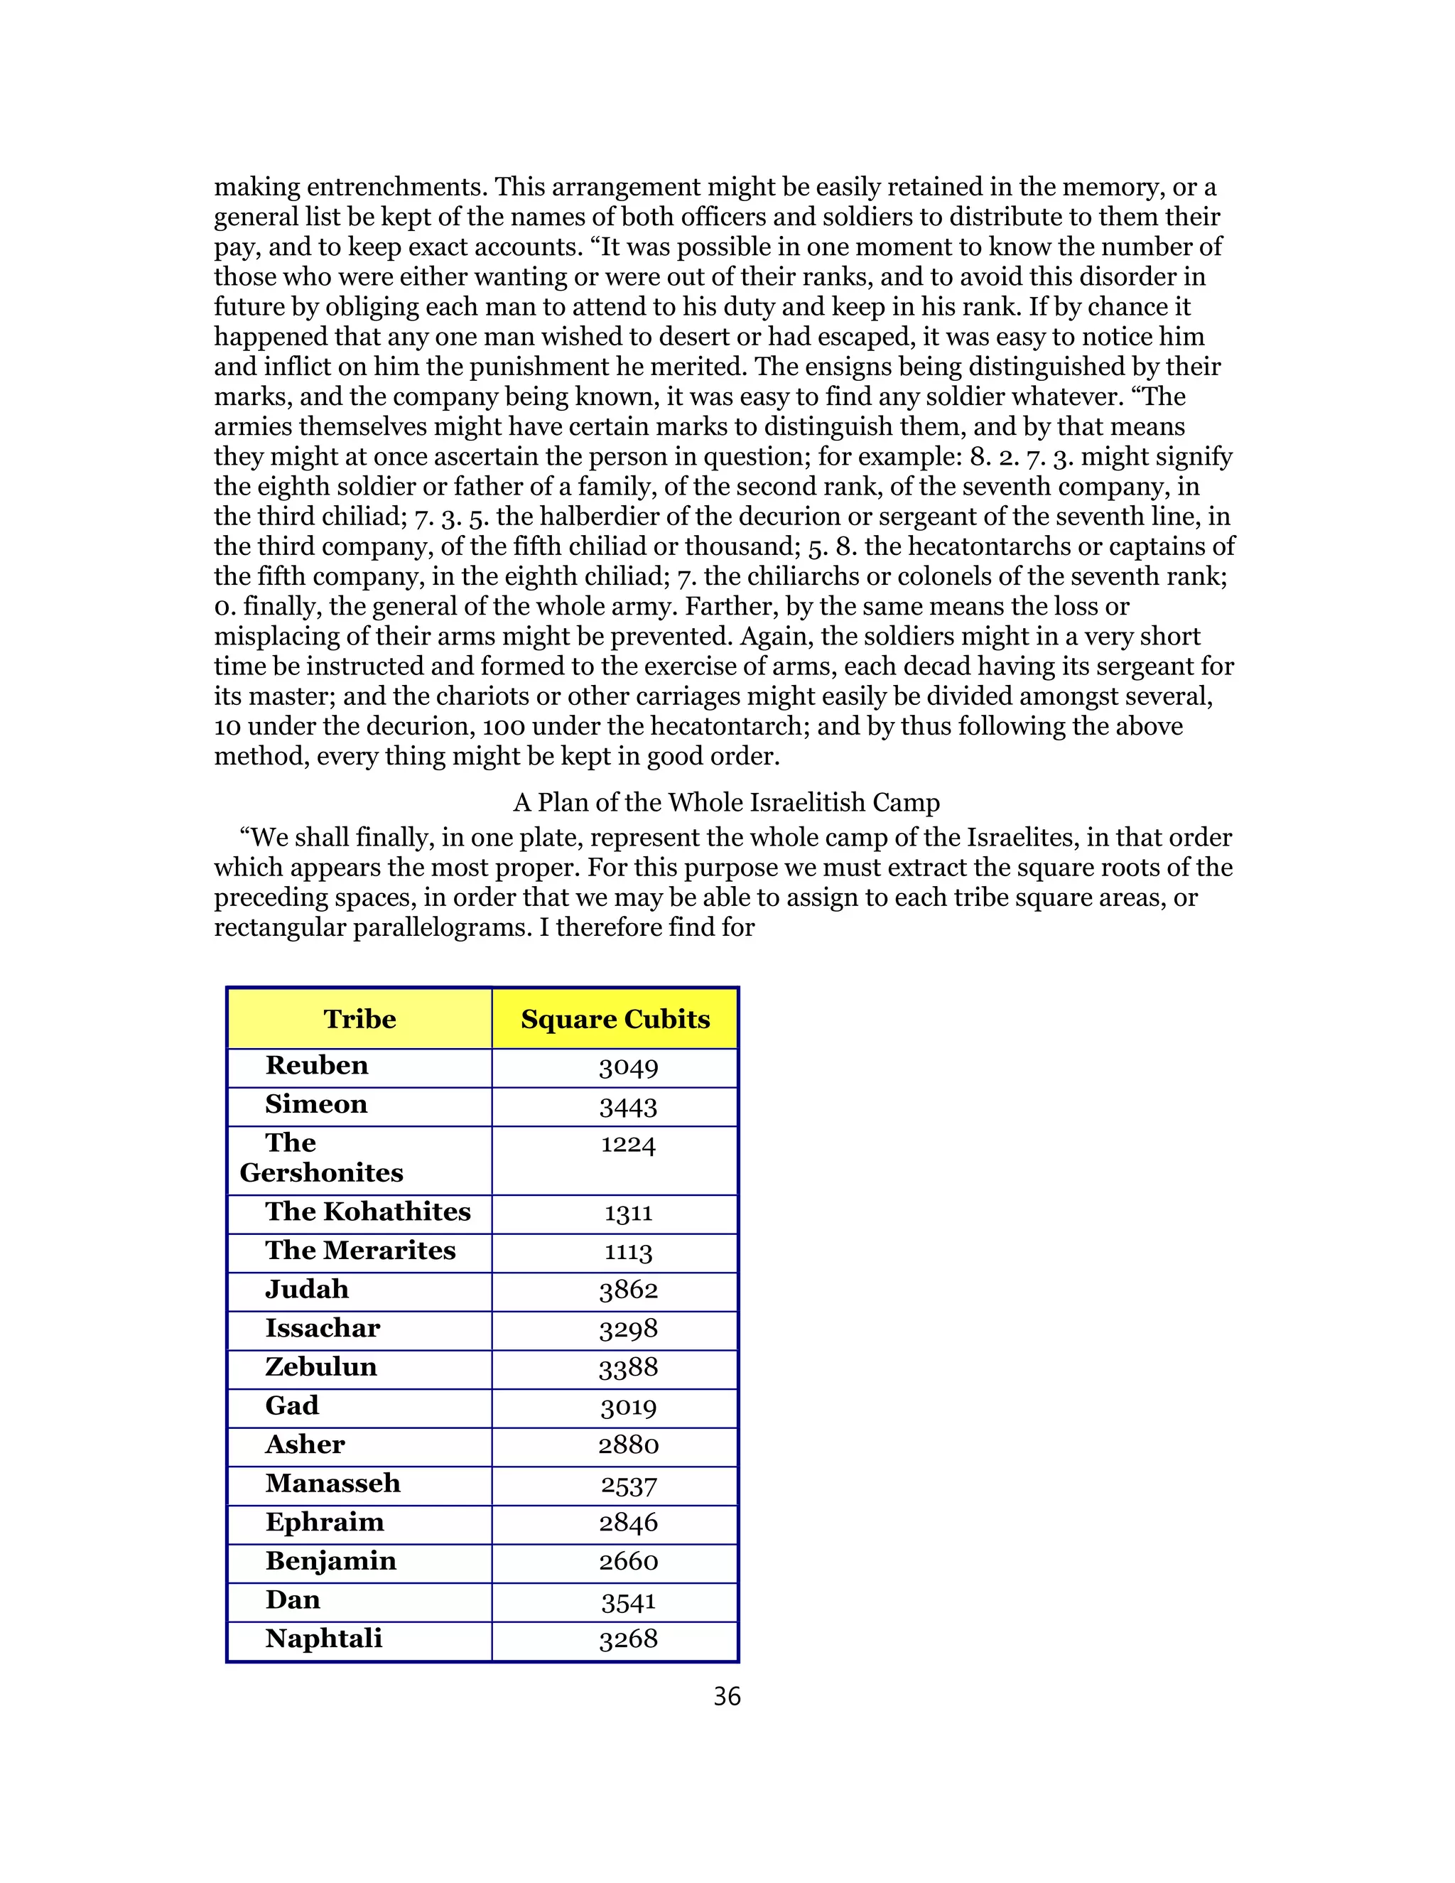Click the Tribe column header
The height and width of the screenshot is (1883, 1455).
point(359,1019)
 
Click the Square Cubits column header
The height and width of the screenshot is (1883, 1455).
point(615,1019)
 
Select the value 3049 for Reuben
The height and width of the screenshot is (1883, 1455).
point(628,1067)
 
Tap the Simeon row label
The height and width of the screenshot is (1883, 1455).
point(316,1104)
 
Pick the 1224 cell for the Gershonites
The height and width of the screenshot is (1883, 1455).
point(628,1145)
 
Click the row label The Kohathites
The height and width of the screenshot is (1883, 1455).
point(368,1212)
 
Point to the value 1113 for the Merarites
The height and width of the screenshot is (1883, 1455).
point(628,1252)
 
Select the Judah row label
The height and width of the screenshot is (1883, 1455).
point(307,1289)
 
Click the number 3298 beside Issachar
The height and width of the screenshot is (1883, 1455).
point(628,1329)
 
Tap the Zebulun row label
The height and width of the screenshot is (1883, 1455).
point(320,1366)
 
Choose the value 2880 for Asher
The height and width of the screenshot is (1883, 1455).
point(628,1445)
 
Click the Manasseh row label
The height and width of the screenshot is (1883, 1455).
point(332,1483)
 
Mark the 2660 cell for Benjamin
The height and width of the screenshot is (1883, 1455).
point(628,1561)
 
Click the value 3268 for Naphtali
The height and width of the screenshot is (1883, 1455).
point(628,1639)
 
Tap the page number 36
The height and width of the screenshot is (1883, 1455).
point(727,1697)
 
